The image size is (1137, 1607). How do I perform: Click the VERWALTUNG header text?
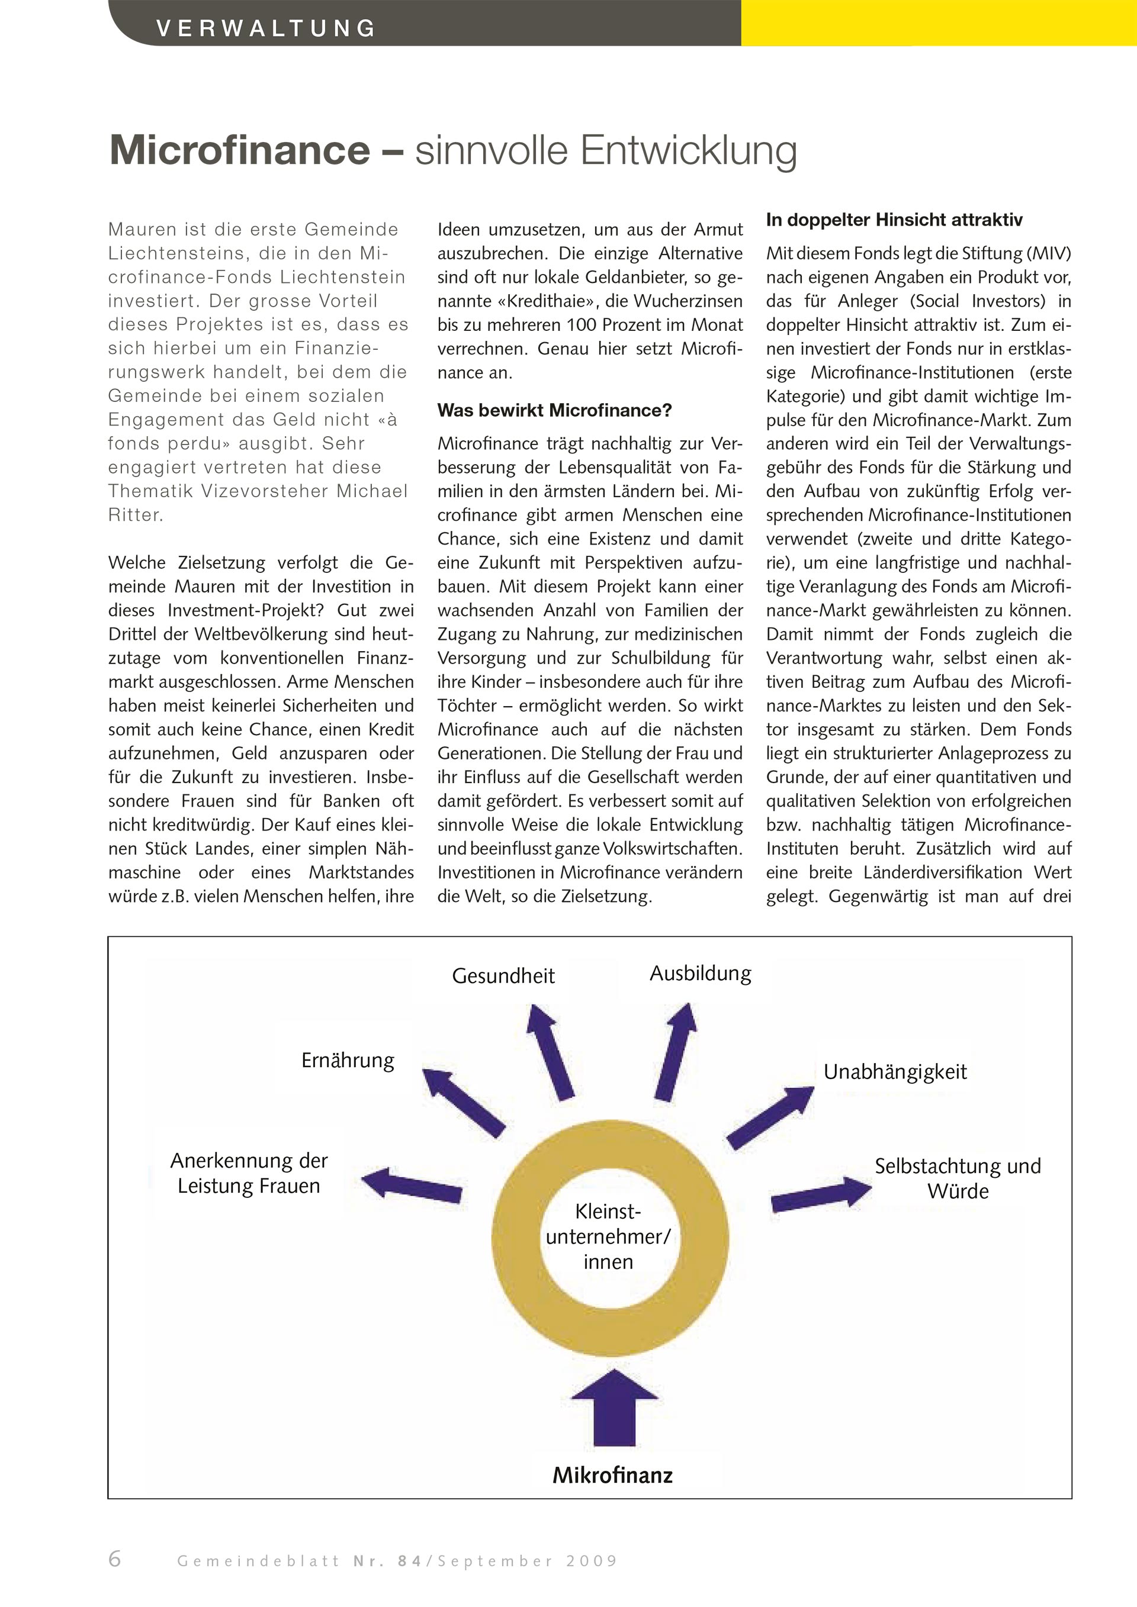point(266,28)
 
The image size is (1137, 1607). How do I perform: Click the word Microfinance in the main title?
point(239,150)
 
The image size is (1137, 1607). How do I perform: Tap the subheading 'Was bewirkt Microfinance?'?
point(554,410)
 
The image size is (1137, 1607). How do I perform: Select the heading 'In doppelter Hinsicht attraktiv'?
point(894,220)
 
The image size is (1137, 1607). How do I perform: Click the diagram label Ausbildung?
point(700,974)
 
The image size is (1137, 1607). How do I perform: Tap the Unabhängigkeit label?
point(894,1071)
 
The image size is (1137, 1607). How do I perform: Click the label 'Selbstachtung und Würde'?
point(957,1178)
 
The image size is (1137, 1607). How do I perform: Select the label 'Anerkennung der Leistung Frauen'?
point(249,1173)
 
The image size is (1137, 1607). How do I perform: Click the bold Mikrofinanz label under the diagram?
point(612,1476)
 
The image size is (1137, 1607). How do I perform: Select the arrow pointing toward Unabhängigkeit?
point(770,1117)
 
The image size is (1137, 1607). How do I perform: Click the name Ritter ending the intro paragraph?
point(135,515)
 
